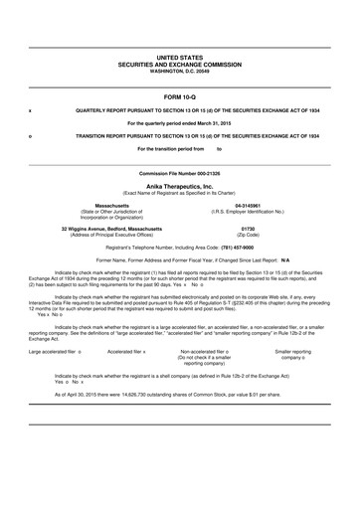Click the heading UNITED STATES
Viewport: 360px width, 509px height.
(x=180, y=60)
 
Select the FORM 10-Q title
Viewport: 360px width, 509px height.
(x=180, y=95)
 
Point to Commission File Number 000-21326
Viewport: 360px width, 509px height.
(x=180, y=173)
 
